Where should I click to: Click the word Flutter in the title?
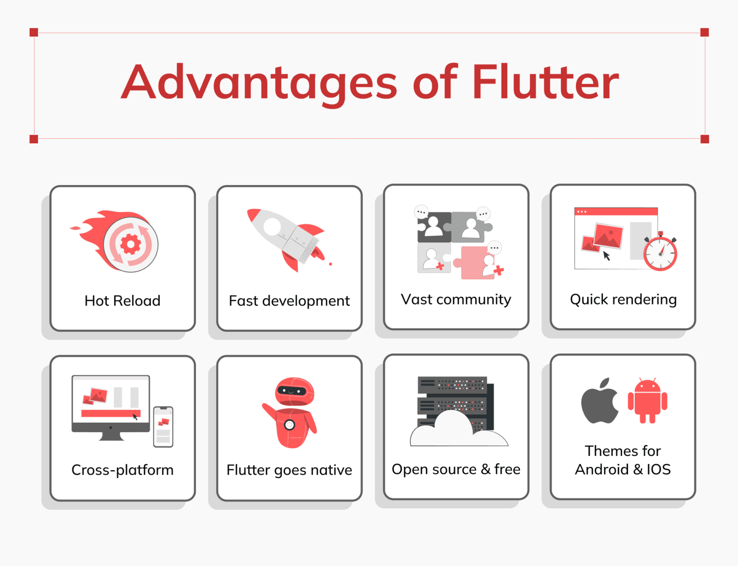click(x=545, y=82)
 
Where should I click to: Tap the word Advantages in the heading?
click(x=259, y=83)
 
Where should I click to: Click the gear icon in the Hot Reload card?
click(x=131, y=244)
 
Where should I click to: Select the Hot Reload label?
click(x=123, y=301)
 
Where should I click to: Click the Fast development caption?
click(x=289, y=301)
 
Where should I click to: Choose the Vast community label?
click(x=456, y=300)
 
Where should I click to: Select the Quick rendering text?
click(x=623, y=300)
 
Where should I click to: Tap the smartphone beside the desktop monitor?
click(x=163, y=427)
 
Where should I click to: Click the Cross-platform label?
click(x=123, y=470)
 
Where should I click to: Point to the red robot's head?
click(x=294, y=391)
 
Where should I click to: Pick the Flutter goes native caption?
click(x=289, y=470)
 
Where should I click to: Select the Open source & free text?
click(x=456, y=469)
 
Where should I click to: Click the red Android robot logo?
click(x=647, y=401)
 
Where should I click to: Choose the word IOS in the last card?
click(x=658, y=469)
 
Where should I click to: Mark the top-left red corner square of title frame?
click(x=34, y=32)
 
